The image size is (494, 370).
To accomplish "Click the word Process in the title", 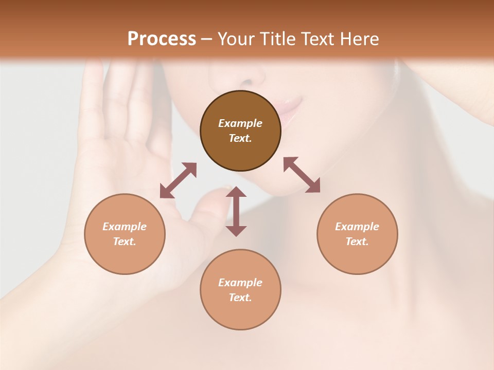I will click(162, 39).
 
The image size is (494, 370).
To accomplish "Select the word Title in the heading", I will click(280, 39).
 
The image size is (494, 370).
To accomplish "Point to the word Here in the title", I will click(359, 39).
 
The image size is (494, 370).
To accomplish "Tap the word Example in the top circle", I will click(240, 123).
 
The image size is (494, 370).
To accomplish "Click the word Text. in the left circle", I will click(125, 242).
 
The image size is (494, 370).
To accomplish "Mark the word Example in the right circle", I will click(357, 227).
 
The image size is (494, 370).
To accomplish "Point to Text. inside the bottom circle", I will click(240, 298).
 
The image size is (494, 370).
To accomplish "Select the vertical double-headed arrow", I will click(236, 211).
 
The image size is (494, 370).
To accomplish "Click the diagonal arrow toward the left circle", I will click(178, 180).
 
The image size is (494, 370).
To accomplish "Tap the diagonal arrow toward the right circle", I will click(302, 175).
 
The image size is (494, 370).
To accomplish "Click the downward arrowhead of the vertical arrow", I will click(236, 231).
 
